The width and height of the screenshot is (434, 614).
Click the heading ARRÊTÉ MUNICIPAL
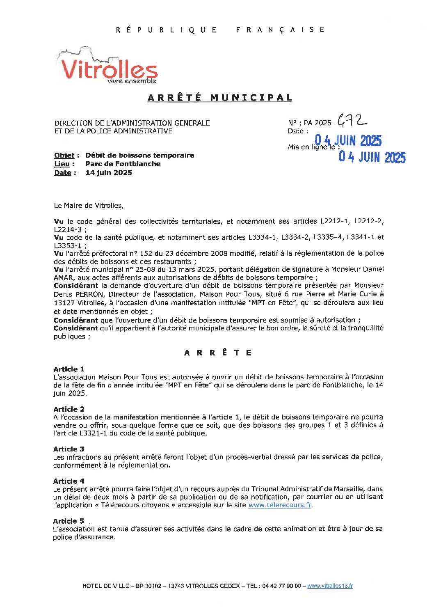(220, 98)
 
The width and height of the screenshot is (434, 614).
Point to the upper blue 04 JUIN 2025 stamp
(348, 141)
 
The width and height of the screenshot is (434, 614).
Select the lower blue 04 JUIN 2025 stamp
(372, 157)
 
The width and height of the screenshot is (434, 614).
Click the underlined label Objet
(64, 156)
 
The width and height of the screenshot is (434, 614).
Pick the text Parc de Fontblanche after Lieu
(123, 164)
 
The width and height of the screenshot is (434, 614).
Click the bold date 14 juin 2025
(109, 172)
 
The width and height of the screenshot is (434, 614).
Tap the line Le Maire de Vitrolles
(89, 205)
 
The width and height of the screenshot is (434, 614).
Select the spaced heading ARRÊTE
(218, 353)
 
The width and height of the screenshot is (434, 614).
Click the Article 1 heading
(69, 369)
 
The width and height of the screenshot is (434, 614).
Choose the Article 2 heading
(69, 409)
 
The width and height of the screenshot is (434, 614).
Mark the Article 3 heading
(69, 449)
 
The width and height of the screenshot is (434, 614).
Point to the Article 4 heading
(69, 481)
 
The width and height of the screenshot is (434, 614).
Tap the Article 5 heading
(69, 521)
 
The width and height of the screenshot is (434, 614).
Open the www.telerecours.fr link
(280, 505)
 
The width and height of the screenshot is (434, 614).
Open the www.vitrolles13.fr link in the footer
(330, 586)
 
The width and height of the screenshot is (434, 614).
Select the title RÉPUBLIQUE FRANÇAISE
(220, 30)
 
